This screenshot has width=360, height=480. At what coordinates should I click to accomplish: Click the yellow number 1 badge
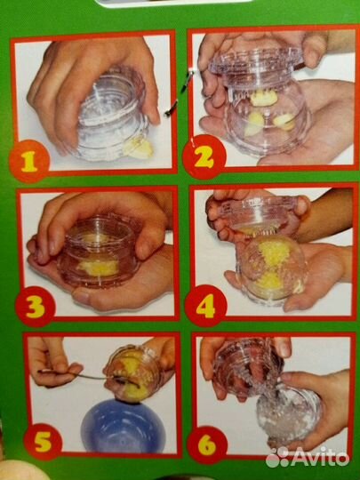click(29, 161)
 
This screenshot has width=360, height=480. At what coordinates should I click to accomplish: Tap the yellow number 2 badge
click(204, 157)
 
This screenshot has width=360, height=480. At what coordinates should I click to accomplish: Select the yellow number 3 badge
click(36, 307)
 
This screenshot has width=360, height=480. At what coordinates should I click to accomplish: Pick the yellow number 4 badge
click(205, 306)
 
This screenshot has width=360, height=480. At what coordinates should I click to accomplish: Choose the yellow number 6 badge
click(207, 445)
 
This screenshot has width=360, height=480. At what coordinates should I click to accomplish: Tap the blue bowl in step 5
click(123, 426)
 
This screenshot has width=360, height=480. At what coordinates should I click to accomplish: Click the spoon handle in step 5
click(74, 374)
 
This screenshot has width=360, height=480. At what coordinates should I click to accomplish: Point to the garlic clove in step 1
click(139, 148)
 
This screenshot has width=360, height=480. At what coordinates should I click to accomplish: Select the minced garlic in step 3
click(99, 267)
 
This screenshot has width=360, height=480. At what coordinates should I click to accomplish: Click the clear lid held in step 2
click(256, 68)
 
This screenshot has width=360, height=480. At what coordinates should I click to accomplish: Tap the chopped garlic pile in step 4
click(273, 266)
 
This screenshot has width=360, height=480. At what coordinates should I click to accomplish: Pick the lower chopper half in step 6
click(289, 414)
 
